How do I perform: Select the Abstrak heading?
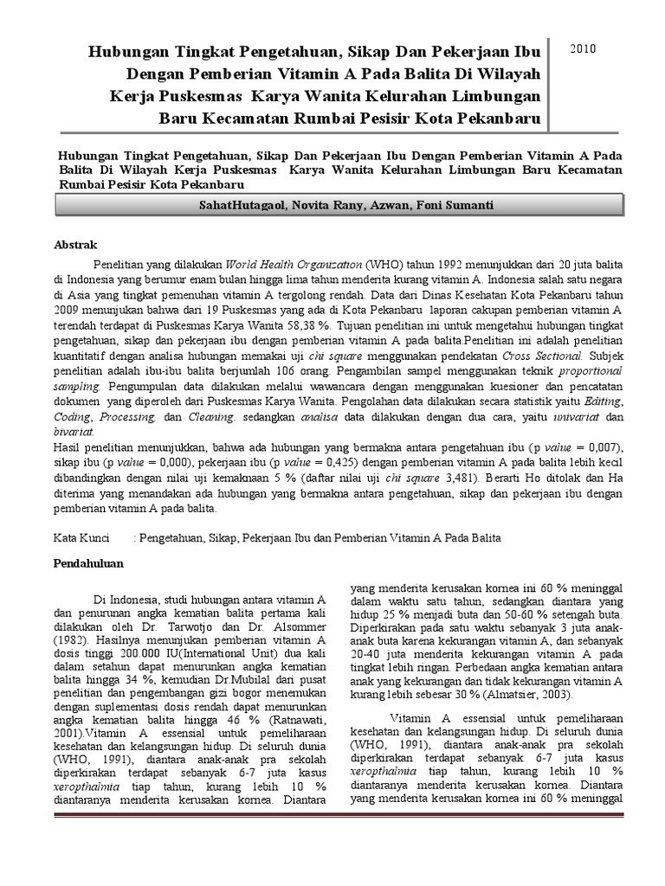76,245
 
